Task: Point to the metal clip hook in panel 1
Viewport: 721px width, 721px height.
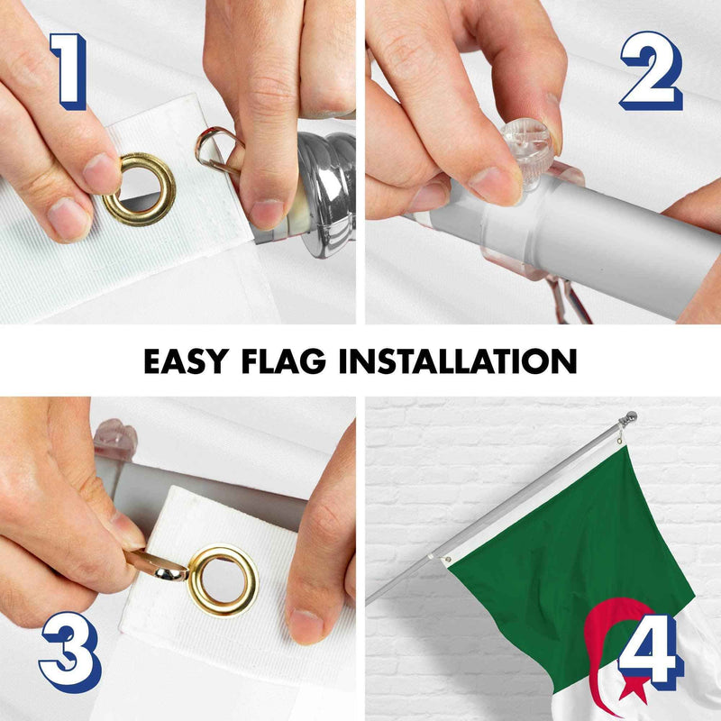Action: click(x=216, y=145)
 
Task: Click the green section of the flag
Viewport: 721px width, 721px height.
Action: click(x=559, y=532)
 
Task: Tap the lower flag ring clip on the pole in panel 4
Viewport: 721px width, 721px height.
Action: click(x=447, y=559)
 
